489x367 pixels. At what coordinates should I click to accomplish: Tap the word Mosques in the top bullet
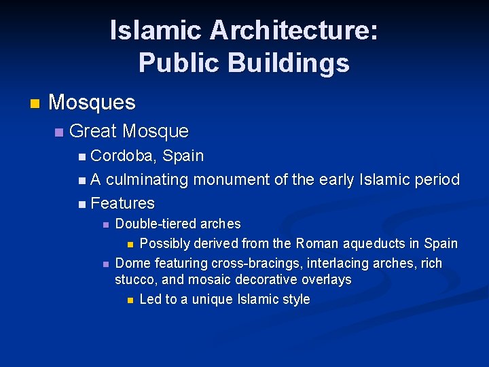point(92,103)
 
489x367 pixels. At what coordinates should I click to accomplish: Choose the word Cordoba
point(124,156)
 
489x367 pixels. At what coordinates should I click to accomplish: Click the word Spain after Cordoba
point(183,156)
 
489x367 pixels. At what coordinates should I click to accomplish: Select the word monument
point(231,180)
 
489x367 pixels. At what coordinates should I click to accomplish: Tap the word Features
point(122,203)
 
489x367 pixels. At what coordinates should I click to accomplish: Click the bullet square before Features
point(82,204)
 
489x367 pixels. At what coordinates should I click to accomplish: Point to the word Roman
point(318,243)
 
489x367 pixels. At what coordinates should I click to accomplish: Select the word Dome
point(131,263)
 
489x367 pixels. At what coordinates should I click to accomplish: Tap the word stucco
point(134,279)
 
